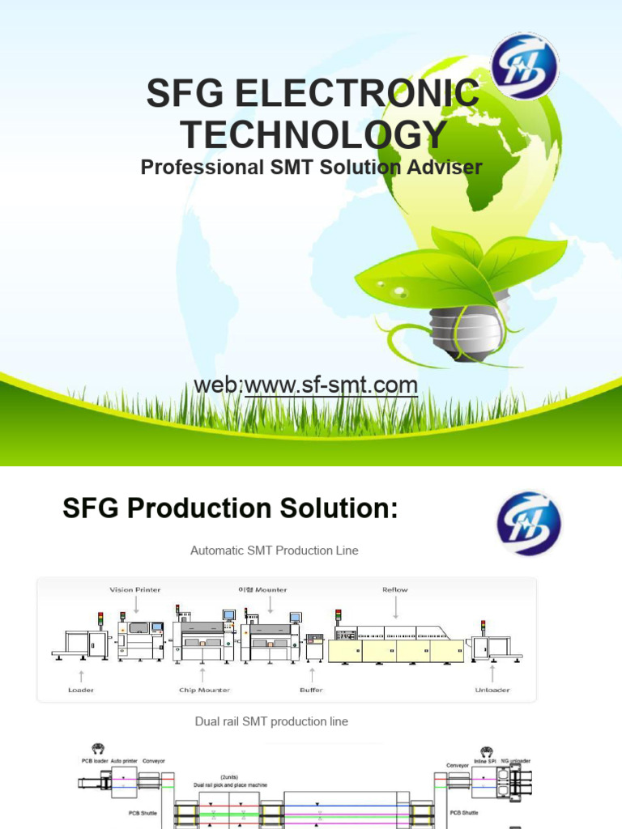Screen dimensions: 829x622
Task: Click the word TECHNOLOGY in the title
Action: coord(313,134)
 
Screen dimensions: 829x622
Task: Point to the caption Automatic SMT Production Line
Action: coord(274,551)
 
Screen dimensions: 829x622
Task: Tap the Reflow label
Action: coord(395,590)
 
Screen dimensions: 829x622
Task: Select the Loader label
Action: coord(81,690)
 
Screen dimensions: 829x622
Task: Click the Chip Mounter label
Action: coord(204,690)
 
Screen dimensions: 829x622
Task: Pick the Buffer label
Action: coord(311,690)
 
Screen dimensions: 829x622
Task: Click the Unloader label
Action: coord(492,690)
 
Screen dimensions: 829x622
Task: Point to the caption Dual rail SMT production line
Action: coord(271,721)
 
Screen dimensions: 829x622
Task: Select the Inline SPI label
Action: coord(484,762)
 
